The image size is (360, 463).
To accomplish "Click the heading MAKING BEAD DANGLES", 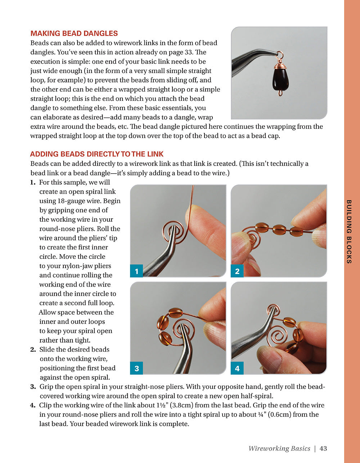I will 74,33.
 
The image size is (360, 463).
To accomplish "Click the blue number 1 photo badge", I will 136,271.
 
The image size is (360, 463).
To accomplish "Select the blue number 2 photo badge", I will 237,271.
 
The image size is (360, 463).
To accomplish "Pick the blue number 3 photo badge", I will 136,368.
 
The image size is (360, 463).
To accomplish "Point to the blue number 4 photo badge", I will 237,368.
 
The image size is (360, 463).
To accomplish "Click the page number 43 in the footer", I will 323,448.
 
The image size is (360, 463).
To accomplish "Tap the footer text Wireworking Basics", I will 279,448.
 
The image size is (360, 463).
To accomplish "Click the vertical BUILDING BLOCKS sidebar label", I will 348,231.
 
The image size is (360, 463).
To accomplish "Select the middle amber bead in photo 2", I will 279,229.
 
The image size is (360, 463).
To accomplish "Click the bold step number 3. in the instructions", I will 33,387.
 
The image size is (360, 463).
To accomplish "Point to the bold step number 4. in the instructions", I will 33,405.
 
